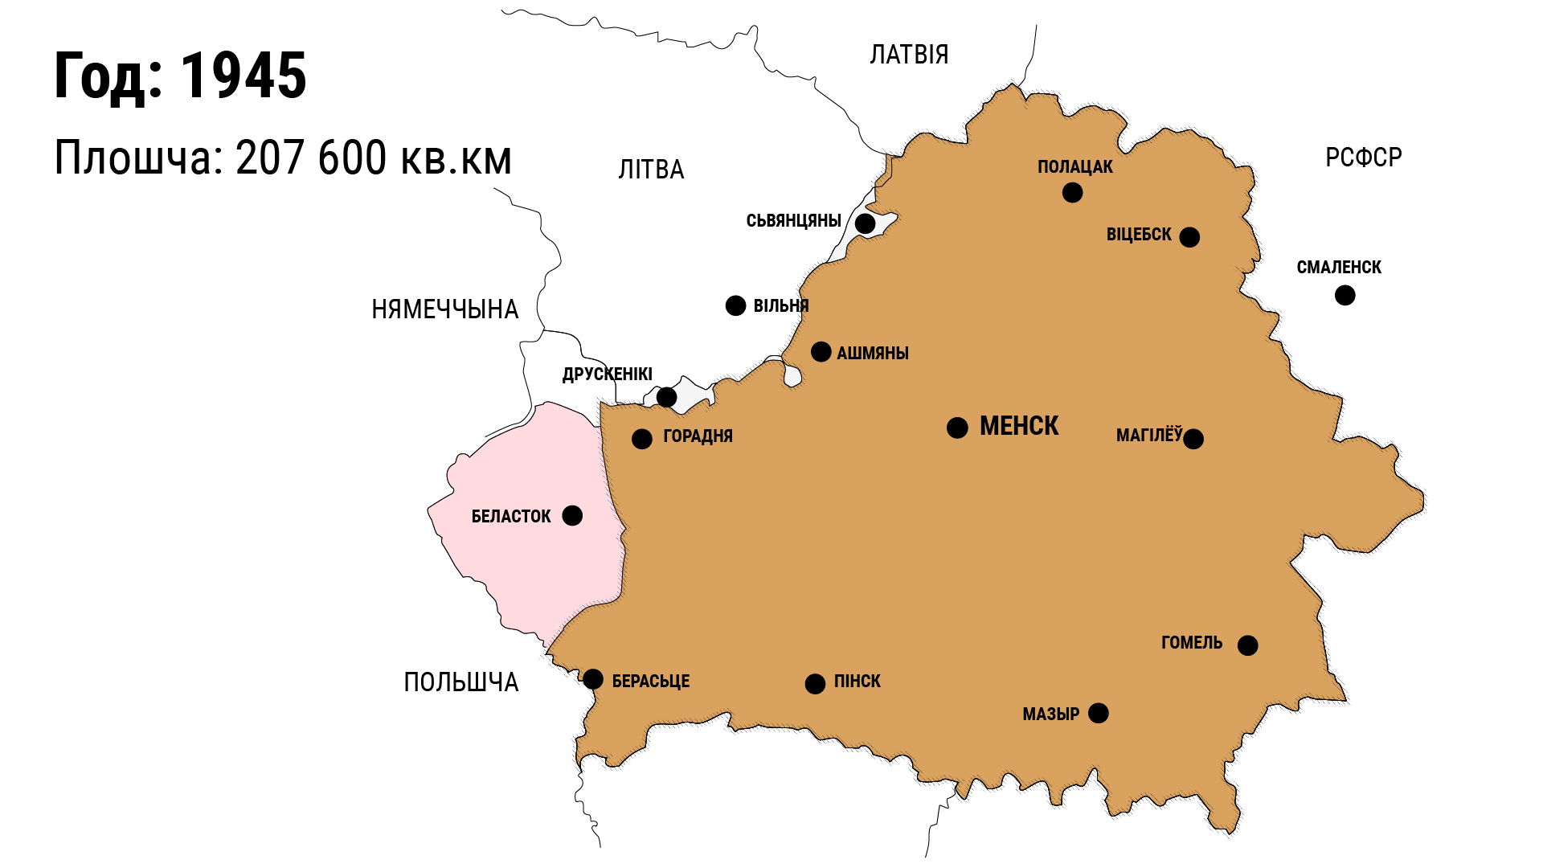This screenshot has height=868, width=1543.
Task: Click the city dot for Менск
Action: [957, 428]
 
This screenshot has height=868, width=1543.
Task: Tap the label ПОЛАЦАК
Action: [1074, 167]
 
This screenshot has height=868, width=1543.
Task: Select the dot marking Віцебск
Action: [1189, 237]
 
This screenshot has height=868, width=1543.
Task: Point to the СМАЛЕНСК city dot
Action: [1344, 296]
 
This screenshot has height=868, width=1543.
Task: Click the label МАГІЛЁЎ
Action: [1148, 436]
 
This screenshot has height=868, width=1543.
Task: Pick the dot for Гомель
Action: [1247, 645]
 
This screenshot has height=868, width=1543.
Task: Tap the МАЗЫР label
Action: [1050, 714]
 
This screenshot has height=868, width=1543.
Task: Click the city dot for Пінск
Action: [815, 684]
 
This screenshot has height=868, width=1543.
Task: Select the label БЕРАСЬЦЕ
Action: [650, 682]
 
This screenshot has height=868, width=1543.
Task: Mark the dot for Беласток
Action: [572, 515]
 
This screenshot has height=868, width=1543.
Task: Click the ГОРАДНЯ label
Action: [698, 436]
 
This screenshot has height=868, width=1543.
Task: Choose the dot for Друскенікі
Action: [666, 397]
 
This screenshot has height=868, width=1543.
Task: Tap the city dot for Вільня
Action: [735, 305]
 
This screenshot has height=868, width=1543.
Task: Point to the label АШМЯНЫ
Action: [872, 354]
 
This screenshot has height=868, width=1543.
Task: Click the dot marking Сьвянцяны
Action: [865, 223]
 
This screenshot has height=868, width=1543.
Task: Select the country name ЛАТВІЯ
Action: [909, 55]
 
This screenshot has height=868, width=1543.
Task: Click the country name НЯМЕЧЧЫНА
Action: [444, 309]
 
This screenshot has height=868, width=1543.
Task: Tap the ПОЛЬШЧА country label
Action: [460, 682]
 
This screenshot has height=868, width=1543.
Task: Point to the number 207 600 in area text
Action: [311, 158]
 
